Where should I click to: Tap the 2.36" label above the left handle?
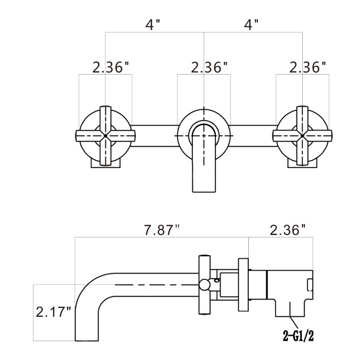tap(111, 67)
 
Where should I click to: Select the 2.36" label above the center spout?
tap(209, 67)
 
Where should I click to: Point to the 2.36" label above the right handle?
tap(308, 67)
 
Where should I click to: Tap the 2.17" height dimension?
tap(53, 312)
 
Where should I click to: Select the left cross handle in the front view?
tap(105, 135)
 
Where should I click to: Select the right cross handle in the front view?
tap(302, 135)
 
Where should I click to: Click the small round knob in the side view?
tap(205, 284)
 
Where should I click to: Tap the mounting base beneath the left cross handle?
tap(105, 163)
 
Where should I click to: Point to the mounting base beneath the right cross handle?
tap(302, 163)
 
